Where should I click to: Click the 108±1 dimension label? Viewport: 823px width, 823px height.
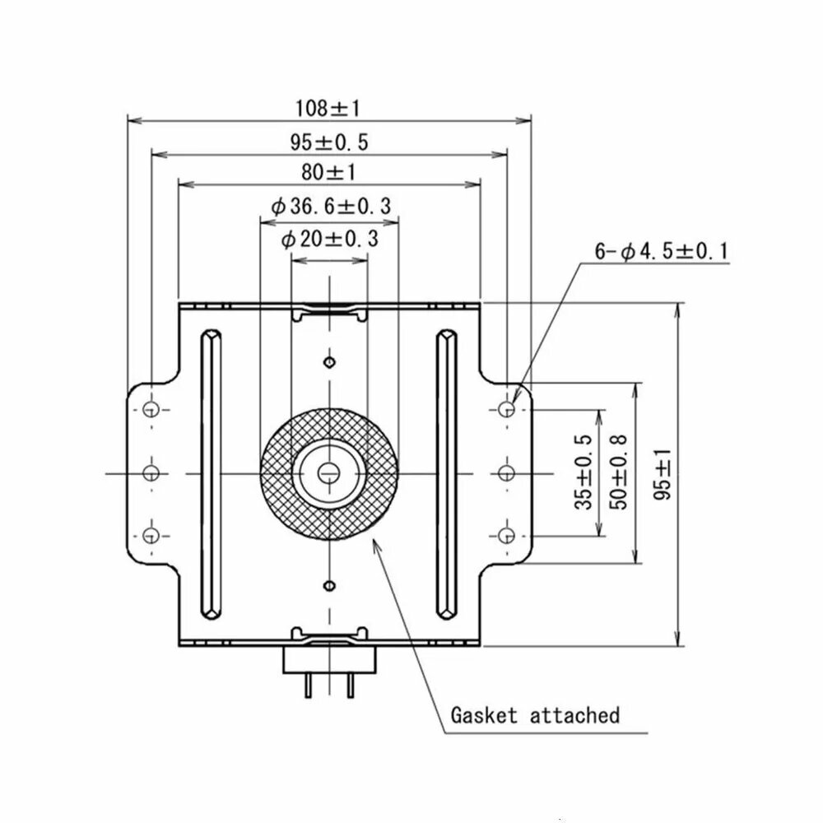point(328,108)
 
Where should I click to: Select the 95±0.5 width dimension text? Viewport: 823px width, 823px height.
point(329,142)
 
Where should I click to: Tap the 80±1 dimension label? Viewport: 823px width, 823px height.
point(329,172)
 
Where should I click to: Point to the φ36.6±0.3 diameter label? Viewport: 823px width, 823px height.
point(331,206)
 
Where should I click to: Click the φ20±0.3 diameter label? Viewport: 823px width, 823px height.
point(330,239)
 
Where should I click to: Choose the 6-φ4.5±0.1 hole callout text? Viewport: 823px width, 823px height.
point(662,251)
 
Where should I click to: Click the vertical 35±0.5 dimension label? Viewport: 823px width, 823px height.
point(584,472)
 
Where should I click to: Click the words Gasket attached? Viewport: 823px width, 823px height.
point(536,715)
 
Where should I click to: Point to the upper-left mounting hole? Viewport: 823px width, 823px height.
point(151,409)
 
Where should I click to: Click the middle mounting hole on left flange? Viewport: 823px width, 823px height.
point(151,473)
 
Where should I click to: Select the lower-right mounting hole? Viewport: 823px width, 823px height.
point(506,536)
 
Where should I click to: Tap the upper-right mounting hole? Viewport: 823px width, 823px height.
point(506,408)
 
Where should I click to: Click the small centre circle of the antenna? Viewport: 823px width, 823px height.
point(329,473)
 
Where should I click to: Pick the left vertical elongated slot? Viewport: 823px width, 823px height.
point(211,475)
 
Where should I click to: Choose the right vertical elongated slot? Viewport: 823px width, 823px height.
point(447,475)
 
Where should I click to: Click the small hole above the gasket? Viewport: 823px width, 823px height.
point(330,362)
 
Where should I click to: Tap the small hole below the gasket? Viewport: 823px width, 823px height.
point(330,585)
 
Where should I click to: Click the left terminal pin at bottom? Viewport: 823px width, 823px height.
point(308,686)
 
